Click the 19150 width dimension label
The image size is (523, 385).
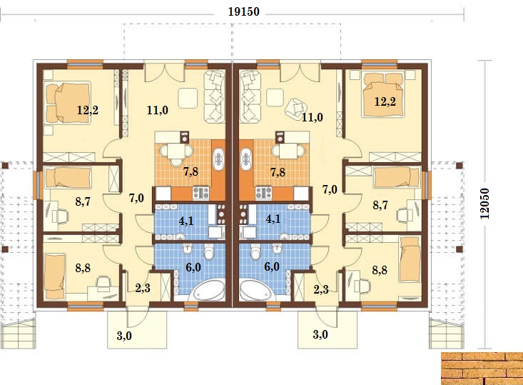(243, 11)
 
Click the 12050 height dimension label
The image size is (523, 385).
(484, 204)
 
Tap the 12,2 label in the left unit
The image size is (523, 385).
(87, 110)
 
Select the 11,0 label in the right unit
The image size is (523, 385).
(313, 117)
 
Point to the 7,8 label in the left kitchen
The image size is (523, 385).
(191, 171)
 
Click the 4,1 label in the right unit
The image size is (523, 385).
(273, 219)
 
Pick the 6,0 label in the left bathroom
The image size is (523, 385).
(193, 267)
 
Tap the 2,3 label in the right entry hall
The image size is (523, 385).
(321, 289)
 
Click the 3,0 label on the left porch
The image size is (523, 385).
(124, 336)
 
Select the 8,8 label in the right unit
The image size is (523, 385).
(380, 270)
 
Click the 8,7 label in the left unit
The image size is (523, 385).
(83, 201)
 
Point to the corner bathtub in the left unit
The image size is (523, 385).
(207, 291)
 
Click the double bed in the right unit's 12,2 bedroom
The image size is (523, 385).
(384, 94)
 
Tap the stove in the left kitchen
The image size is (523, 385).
(201, 193)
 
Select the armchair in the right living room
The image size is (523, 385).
(296, 109)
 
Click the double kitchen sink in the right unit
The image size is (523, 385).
(246, 159)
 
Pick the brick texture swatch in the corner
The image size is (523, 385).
(482, 369)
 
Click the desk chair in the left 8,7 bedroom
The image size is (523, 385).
(61, 216)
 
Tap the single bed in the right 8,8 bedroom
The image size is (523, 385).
(410, 259)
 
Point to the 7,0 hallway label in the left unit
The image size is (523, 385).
(136, 198)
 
